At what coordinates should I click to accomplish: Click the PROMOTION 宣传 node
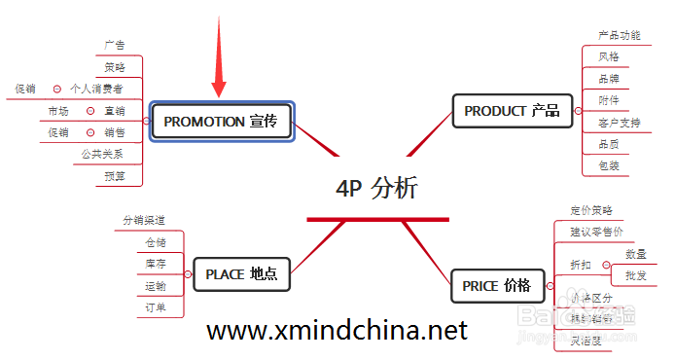click(222, 122)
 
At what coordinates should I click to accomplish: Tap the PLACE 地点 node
click(241, 274)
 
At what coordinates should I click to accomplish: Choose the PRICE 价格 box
click(496, 286)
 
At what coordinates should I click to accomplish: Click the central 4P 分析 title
click(377, 189)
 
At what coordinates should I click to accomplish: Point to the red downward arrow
click(219, 58)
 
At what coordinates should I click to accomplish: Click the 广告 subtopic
click(115, 45)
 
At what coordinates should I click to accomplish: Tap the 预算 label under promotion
click(115, 176)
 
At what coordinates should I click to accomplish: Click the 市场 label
click(58, 111)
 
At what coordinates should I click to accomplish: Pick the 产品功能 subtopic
click(620, 36)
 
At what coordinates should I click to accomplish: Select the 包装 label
click(609, 166)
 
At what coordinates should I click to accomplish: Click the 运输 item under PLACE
click(155, 286)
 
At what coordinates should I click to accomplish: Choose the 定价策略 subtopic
click(591, 210)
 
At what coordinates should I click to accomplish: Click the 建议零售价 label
click(596, 232)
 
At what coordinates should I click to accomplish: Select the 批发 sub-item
click(635, 275)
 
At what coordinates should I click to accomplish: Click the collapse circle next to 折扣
click(607, 265)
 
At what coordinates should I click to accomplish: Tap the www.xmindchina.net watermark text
click(337, 330)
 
